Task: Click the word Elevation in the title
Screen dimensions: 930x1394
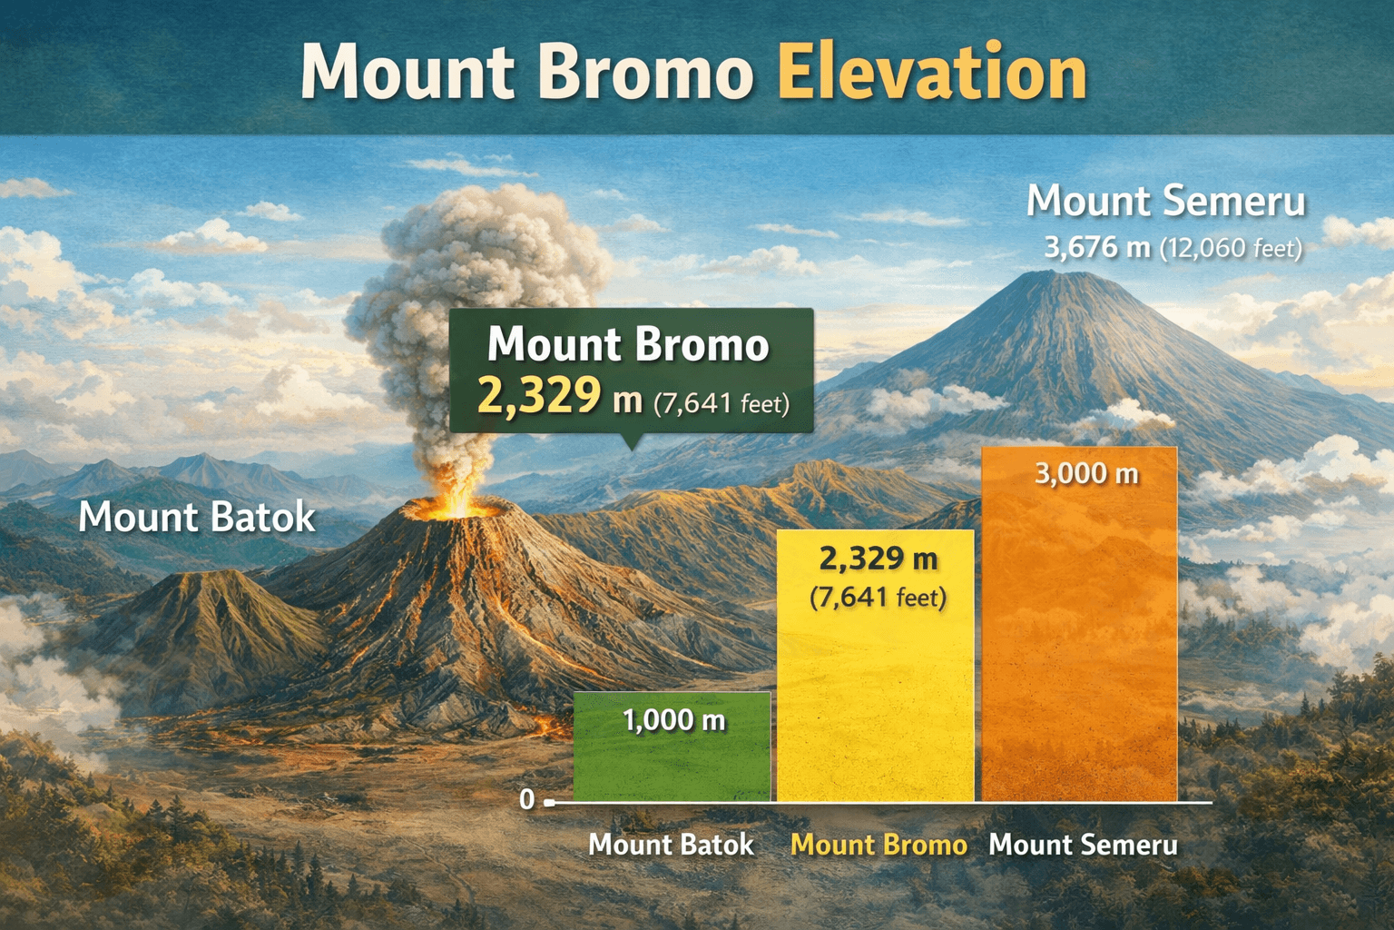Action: (x=932, y=73)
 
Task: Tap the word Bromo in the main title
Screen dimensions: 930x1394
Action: (x=645, y=73)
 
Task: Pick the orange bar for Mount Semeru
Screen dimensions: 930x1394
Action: (x=1080, y=636)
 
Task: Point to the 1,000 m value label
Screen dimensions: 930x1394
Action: (x=673, y=721)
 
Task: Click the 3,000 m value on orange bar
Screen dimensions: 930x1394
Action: (x=1086, y=473)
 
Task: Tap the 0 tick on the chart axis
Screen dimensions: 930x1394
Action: (x=527, y=800)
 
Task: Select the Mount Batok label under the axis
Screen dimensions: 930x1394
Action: (x=671, y=845)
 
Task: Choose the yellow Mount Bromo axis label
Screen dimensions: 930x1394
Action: (x=879, y=845)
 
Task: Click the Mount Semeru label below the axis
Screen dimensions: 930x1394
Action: (x=1083, y=845)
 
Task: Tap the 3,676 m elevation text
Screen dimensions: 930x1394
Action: (x=1096, y=247)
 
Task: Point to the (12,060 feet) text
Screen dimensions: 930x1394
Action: (x=1231, y=248)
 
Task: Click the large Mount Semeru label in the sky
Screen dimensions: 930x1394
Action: (x=1165, y=201)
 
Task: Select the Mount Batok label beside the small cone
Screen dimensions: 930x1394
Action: (x=197, y=518)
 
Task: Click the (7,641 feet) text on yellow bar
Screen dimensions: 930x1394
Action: (x=878, y=598)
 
